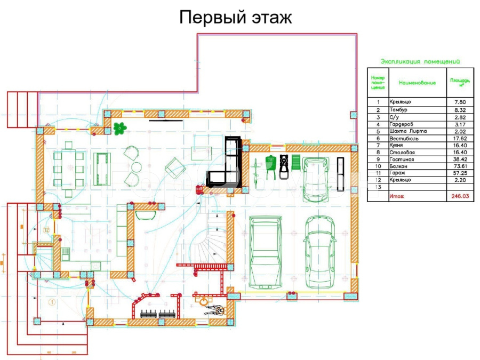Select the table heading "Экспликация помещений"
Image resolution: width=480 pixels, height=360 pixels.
click(420, 62)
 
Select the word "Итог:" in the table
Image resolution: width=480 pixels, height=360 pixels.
click(397, 196)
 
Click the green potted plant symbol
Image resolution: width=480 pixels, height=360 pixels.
click(121, 127)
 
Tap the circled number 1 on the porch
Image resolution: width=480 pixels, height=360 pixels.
click(52, 302)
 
